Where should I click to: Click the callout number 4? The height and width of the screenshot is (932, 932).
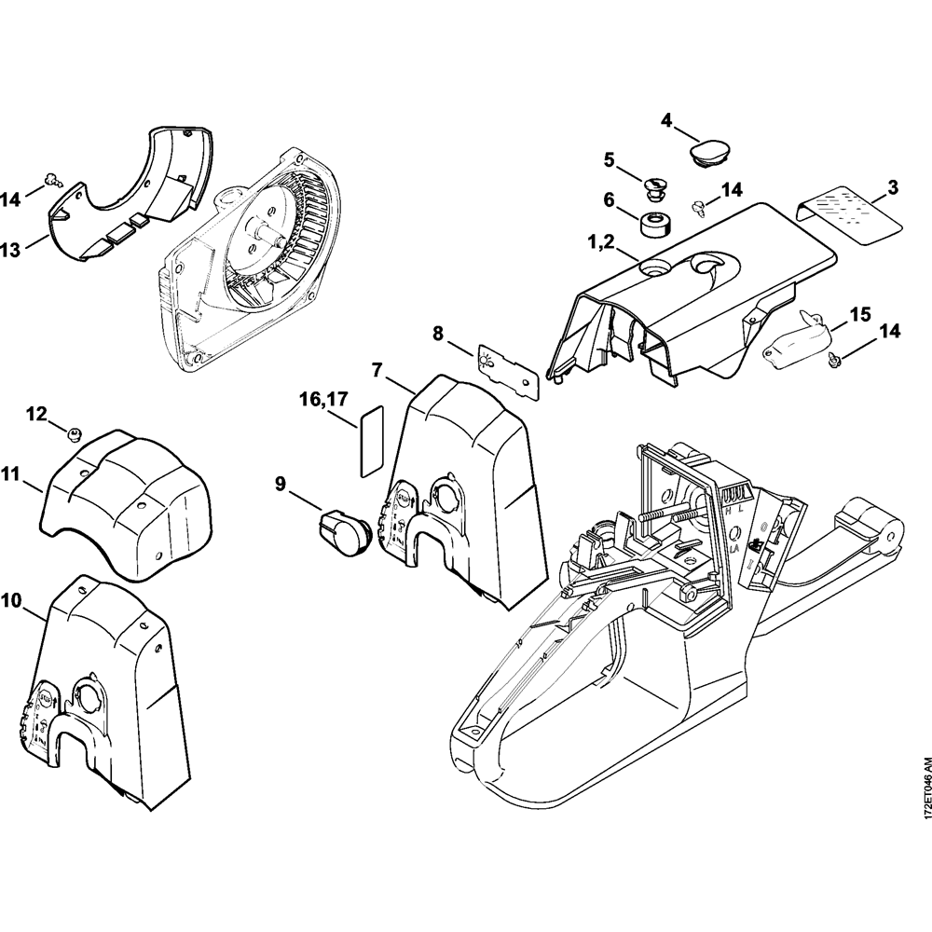[666, 119]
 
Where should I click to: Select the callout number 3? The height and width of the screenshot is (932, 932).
[892, 188]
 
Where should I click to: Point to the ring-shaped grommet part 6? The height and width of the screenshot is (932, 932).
[654, 226]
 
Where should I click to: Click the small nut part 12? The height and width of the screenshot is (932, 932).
[75, 432]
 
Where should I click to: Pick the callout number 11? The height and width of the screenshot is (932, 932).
[10, 474]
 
